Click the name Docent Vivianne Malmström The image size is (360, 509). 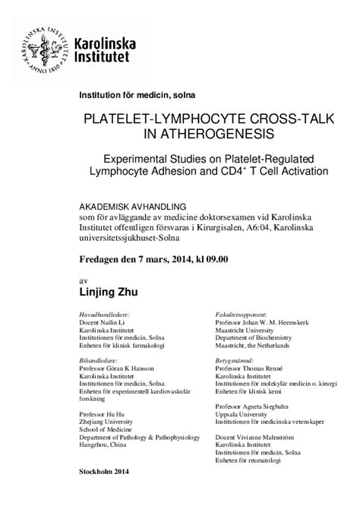click(261, 439)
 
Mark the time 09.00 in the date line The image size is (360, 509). click(213, 259)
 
